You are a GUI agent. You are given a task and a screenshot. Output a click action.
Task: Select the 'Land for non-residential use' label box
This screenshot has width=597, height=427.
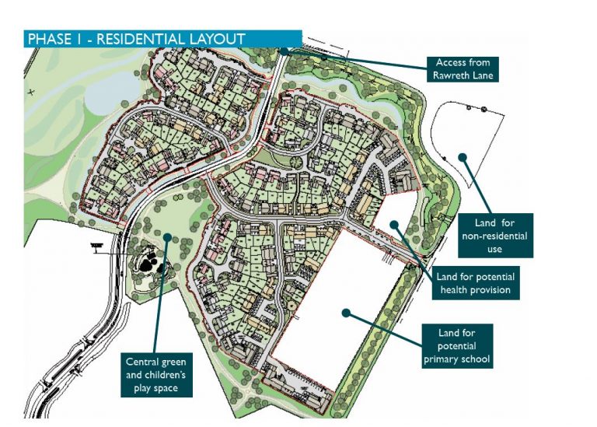(495, 234)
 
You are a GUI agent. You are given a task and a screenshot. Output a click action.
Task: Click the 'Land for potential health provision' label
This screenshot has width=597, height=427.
(475, 283)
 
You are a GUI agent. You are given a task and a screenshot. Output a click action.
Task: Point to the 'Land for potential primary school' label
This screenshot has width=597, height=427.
(457, 345)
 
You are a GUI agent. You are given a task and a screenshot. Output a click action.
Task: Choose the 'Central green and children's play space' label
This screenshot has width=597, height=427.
(155, 373)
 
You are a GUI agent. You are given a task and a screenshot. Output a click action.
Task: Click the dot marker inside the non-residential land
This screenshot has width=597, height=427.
(461, 156)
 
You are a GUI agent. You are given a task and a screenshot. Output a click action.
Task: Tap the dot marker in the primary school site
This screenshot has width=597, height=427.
(346, 313)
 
